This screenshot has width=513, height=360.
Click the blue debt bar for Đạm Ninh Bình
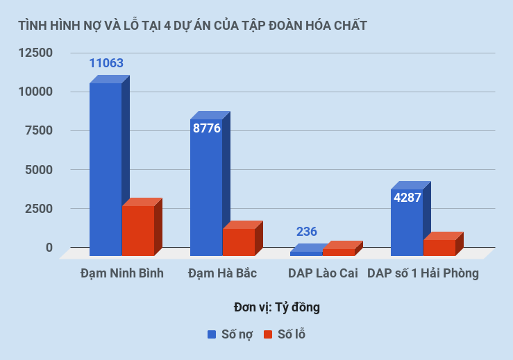[106, 170]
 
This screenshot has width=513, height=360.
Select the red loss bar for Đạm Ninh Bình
[137, 230]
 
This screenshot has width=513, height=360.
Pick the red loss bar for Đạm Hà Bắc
[238, 241]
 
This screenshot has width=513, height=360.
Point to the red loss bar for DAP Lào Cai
[339, 252]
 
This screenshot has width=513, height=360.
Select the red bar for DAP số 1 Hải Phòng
[439, 247]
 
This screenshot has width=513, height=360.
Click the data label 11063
[106, 63]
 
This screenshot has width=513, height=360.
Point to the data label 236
[307, 232]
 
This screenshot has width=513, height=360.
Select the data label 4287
[407, 198]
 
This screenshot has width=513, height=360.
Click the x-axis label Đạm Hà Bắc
[222, 273]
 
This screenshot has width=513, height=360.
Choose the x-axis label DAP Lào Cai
[323, 273]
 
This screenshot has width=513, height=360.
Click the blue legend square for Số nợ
[212, 334]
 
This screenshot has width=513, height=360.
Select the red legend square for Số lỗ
[268, 334]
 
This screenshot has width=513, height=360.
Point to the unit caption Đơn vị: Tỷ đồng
[277, 307]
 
